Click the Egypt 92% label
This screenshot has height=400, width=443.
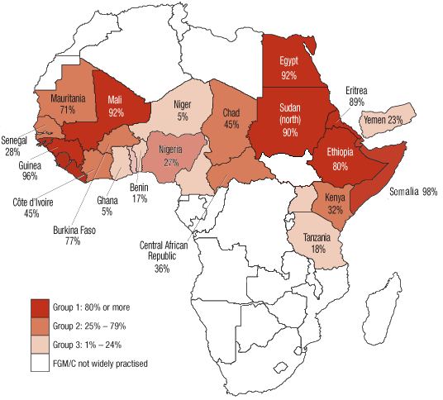[288, 68]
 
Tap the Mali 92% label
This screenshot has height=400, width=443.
[115, 107]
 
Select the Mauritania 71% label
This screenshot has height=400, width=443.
[69, 103]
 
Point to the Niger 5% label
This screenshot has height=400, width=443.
[182, 111]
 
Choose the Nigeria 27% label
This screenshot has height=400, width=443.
[174, 155]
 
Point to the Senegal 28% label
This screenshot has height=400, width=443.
[14, 147]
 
